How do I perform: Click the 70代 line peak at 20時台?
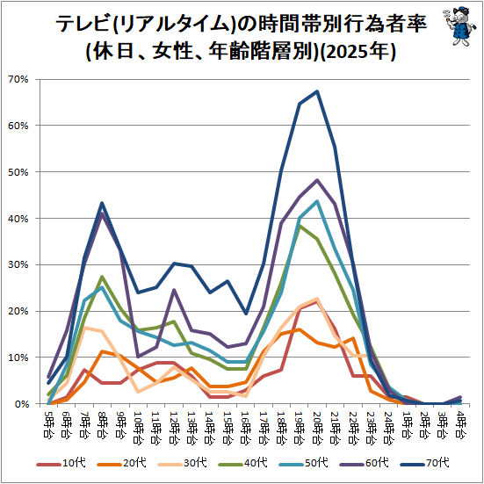point(317,91)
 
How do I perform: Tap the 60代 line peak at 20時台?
point(317,180)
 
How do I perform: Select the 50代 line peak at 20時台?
point(317,201)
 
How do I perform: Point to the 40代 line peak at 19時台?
point(300,226)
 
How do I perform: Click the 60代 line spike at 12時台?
point(174,290)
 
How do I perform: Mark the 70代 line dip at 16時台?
point(246,314)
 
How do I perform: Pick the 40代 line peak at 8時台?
point(102,277)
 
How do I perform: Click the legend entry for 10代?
point(61,463)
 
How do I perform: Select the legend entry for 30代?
point(182,463)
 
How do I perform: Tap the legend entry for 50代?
point(303,463)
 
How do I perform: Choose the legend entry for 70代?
point(425,463)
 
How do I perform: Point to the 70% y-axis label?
point(18,80)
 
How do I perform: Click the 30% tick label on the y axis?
point(18,265)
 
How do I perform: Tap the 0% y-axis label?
point(22,404)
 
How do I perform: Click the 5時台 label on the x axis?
point(47,423)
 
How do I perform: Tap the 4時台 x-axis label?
point(461,423)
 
